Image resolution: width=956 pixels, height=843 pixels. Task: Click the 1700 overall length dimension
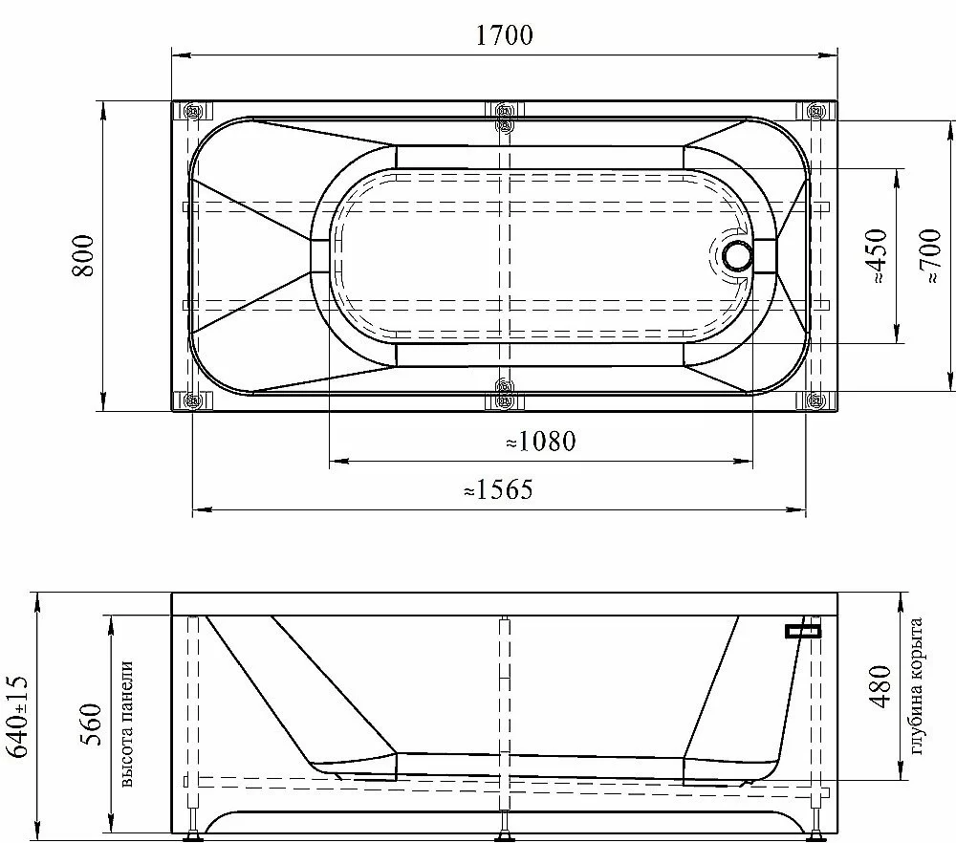pyautogui.click(x=504, y=35)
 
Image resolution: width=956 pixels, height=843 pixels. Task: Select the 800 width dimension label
pyautogui.click(x=84, y=256)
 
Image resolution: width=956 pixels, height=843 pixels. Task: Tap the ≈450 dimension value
pyautogui.click(x=876, y=256)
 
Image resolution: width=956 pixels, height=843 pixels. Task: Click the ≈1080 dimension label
pyautogui.click(x=541, y=442)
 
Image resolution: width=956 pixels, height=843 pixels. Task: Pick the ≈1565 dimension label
pyautogui.click(x=498, y=489)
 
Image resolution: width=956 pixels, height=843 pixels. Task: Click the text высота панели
pyautogui.click(x=126, y=724)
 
